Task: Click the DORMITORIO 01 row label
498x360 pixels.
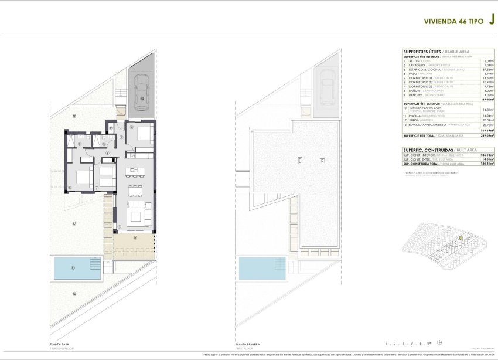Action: pos(417,77)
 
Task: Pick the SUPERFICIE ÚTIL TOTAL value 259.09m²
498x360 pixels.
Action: pos(486,135)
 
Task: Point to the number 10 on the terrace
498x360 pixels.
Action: pos(135,237)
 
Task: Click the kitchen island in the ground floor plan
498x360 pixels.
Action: pos(137,171)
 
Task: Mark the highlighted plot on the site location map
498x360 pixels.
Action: pos(461,238)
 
